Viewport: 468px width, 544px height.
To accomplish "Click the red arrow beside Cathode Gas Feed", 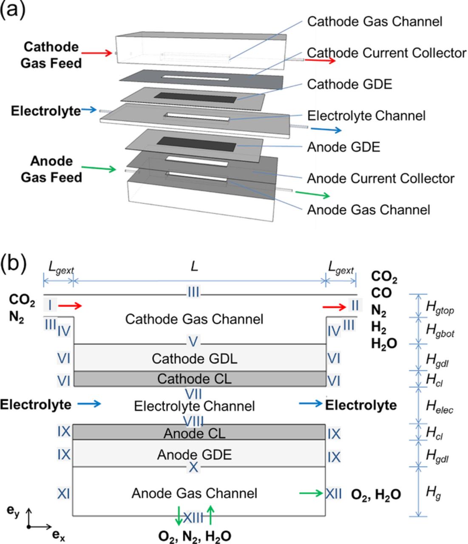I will pyautogui.click(x=97, y=54).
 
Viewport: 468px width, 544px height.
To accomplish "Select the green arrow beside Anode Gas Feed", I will pyautogui.click(x=99, y=169).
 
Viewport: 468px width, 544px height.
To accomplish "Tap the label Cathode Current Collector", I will pyautogui.click(x=386, y=53).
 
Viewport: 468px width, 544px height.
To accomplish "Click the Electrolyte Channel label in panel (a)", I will pyautogui.click(x=366, y=116).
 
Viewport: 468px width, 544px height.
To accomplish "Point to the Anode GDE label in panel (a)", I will pyautogui.click(x=343, y=147).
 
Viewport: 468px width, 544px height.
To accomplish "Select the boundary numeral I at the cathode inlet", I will pyautogui.click(x=50, y=305).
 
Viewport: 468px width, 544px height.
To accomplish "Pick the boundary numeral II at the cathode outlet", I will pyautogui.click(x=355, y=305).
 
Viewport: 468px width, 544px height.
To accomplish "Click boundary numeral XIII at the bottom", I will pyautogui.click(x=194, y=517).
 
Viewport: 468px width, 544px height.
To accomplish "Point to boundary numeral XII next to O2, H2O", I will pyautogui.click(x=334, y=493).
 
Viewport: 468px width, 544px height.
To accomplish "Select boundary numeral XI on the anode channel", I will pyautogui.click(x=64, y=493).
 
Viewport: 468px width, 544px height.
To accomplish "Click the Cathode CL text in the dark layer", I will pyautogui.click(x=194, y=379).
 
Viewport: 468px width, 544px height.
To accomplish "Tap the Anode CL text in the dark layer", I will pyautogui.click(x=194, y=433).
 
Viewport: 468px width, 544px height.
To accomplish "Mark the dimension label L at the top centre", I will pyautogui.click(x=194, y=267).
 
